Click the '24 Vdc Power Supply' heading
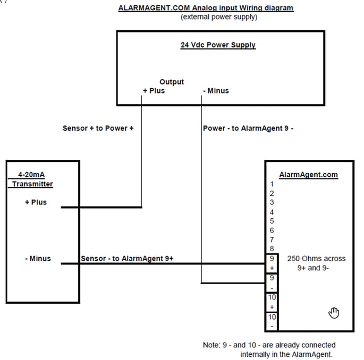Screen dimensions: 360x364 point(218,45)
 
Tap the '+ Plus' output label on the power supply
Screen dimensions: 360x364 point(154,91)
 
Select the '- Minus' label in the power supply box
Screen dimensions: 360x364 point(216,91)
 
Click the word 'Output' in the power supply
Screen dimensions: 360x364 point(172,82)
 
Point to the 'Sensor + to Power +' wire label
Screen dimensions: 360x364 point(98,128)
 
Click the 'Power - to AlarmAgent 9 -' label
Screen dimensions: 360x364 point(249,128)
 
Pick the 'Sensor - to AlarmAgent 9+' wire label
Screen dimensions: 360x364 point(127,259)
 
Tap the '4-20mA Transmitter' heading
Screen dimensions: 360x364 point(32,179)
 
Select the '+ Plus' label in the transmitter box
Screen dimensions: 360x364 point(36,202)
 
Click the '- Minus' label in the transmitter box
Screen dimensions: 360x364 point(38,259)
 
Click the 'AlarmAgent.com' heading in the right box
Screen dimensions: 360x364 point(308,174)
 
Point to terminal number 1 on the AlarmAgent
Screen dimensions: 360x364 point(272,184)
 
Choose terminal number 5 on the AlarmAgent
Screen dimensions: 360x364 point(272,221)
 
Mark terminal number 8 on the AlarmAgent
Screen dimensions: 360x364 point(272,248)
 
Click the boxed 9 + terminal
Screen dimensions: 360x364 point(272,263)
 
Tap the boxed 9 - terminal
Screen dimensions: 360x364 point(272,282)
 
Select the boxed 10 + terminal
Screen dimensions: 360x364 point(272,302)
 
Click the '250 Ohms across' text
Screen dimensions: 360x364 point(316,259)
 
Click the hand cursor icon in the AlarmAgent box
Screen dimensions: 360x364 point(334,312)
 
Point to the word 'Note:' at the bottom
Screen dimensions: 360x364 point(211,345)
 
